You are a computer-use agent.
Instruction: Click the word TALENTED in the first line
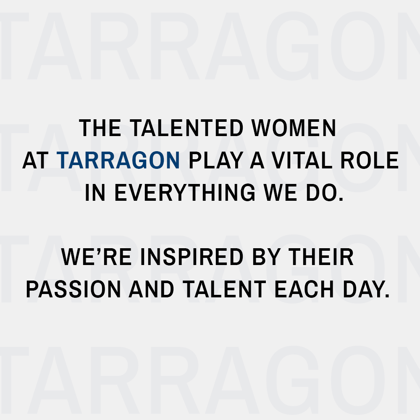click(x=186, y=128)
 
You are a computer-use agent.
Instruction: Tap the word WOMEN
click(x=294, y=128)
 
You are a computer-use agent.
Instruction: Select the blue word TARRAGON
click(x=118, y=160)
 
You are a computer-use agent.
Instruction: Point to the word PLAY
click(x=216, y=160)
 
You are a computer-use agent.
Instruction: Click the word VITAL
click(x=302, y=160)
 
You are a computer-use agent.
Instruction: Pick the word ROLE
click(x=369, y=160)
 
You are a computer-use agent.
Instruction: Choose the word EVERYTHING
click(x=185, y=192)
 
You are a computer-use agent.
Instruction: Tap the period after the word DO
click(x=341, y=199)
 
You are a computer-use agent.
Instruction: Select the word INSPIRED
click(x=192, y=257)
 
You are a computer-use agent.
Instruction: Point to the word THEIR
click(x=321, y=257)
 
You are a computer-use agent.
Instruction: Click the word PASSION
click(x=73, y=289)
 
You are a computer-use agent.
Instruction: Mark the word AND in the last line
click(x=151, y=289)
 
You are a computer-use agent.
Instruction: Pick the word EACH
click(x=304, y=289)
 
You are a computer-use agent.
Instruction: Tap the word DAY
click(x=363, y=289)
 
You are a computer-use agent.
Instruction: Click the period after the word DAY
click(x=387, y=296)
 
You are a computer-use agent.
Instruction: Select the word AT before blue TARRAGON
click(x=35, y=160)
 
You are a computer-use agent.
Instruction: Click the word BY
click(x=266, y=257)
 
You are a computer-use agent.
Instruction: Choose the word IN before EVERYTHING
click(x=95, y=192)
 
